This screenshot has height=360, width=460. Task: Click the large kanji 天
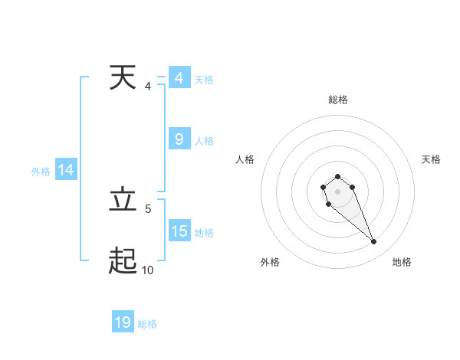coord(123,78)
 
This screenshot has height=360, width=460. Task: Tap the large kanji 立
coord(123,201)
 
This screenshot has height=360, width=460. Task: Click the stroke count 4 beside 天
coord(147,87)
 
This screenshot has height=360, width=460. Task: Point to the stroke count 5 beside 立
coord(147,208)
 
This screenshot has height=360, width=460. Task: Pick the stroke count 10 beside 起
coord(147,270)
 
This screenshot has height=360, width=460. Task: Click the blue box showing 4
coord(179,78)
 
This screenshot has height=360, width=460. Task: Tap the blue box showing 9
coord(179,139)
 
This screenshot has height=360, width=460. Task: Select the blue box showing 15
coord(179,231)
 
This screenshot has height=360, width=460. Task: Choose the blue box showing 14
coord(66,171)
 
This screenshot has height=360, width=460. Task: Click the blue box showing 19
coord(123,322)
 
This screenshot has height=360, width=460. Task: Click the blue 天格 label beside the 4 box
coord(204,80)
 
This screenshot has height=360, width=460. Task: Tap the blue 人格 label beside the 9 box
coord(204,141)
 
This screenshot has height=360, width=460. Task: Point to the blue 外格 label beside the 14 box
coord(41,172)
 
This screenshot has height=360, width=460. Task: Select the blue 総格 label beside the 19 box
coord(147,324)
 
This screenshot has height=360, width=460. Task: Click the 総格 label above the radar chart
coord(337,100)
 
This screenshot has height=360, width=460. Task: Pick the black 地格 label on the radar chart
coord(402,262)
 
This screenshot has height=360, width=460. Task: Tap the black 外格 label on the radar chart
coord(270,262)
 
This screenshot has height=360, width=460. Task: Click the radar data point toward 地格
coord(373,242)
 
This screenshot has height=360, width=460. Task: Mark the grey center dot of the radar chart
coord(337,191)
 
